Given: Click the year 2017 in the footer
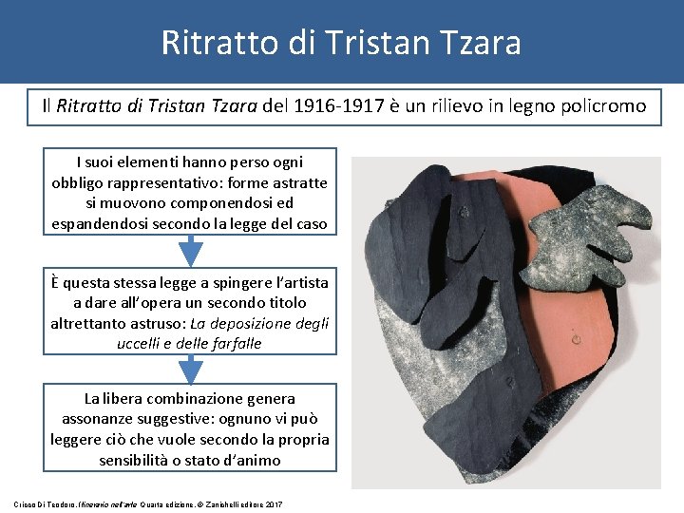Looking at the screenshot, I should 275,503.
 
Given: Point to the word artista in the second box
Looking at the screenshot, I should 299,282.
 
